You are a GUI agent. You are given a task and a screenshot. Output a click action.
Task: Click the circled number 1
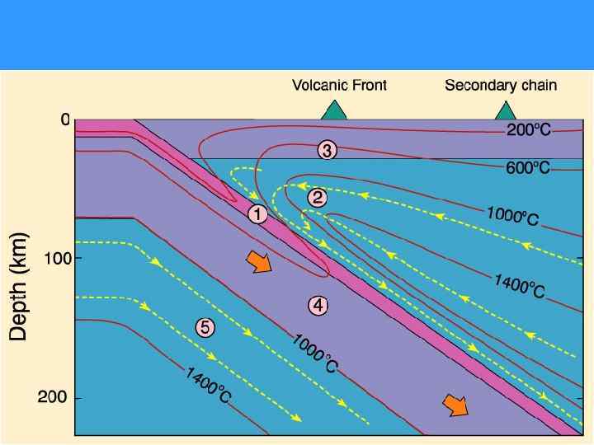[257, 214]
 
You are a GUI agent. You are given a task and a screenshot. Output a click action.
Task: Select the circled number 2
[318, 198]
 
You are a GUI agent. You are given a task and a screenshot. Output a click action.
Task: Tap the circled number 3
[327, 151]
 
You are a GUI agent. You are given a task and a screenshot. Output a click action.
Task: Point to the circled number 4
[318, 306]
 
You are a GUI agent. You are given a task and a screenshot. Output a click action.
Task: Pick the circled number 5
[205, 327]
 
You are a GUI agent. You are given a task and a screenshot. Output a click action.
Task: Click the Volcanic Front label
[339, 85]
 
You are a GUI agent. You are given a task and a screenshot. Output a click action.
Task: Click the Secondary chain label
[501, 85]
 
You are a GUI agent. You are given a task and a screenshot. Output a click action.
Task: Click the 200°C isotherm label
[528, 130]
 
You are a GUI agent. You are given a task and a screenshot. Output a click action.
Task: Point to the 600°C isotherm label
[528, 168]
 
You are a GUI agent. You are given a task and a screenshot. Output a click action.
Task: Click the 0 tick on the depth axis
[64, 120]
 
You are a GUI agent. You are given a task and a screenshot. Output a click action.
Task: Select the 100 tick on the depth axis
[56, 258]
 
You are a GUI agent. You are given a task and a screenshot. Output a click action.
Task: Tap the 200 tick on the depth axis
[56, 397]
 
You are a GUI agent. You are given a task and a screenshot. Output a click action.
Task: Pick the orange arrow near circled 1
[259, 263]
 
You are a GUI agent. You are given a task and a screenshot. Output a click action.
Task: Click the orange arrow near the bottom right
[455, 405]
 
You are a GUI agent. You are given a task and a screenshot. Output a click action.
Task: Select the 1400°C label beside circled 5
[208, 386]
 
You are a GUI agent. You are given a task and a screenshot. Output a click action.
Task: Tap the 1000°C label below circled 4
[314, 354]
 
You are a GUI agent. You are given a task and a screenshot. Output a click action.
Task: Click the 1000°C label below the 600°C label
[512, 216]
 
